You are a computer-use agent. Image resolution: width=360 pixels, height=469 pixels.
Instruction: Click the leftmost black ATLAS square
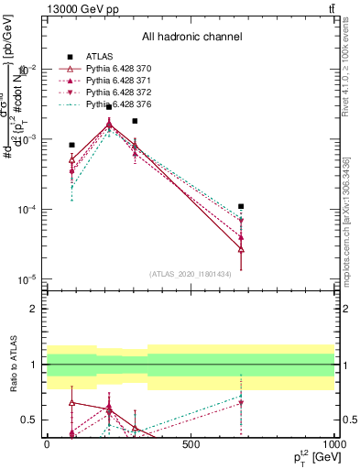coord(71,145)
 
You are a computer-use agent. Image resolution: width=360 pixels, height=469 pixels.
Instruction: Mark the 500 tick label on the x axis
coord(191,444)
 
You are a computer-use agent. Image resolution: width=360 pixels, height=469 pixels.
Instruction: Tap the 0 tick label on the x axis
coord(47,444)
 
